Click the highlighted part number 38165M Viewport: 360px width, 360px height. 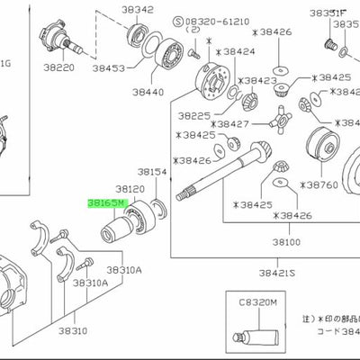coord(105,204)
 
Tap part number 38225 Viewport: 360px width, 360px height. coord(194,116)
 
